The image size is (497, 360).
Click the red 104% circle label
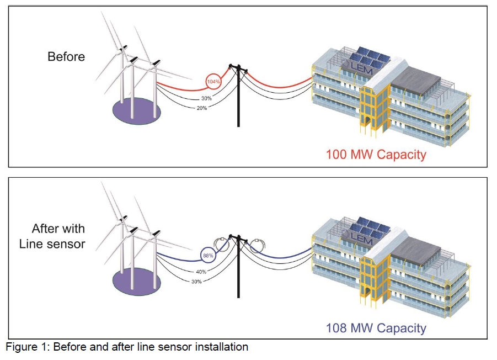pos(213,81)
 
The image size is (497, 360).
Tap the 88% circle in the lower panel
pos(207,256)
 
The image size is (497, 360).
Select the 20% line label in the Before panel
pos(201,108)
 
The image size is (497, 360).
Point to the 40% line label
pos(201,272)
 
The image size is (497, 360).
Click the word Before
pos(66,57)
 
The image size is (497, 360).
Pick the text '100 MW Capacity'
pos(376,154)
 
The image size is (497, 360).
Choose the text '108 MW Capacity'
pos(376,329)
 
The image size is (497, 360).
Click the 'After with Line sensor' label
pos(58,236)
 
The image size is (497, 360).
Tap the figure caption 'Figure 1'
pos(127,347)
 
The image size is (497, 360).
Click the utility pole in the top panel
pos(238,97)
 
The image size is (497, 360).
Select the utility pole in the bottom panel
pos(238,271)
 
